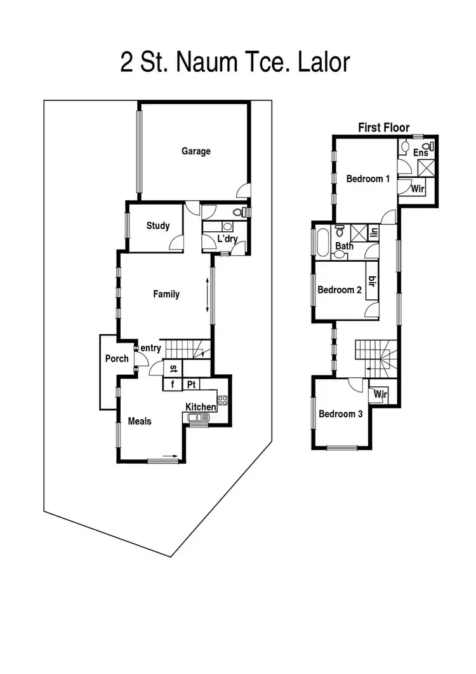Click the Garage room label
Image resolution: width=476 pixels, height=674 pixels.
pyautogui.click(x=195, y=151)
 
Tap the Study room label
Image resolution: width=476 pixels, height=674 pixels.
pyautogui.click(x=157, y=226)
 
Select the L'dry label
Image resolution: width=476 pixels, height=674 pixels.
pyautogui.click(x=227, y=239)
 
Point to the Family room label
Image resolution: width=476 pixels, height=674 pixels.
pyautogui.click(x=166, y=294)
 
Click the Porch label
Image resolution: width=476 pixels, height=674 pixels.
pyautogui.click(x=117, y=359)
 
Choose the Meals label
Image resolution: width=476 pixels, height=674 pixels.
pyautogui.click(x=140, y=421)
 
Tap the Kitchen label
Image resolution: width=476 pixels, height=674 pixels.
pyautogui.click(x=201, y=407)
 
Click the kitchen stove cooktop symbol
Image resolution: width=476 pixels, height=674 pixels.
pyautogui.click(x=223, y=400)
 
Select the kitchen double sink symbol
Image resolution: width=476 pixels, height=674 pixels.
pyautogui.click(x=199, y=417)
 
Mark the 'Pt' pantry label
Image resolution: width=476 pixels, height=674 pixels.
pyautogui.click(x=190, y=385)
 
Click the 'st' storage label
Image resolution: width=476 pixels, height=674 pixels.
pyautogui.click(x=173, y=368)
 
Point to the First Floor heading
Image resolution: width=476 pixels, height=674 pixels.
pyautogui.click(x=384, y=128)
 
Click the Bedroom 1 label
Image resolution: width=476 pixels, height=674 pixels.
pyautogui.click(x=368, y=179)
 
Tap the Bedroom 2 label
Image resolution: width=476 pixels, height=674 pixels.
pyautogui.click(x=340, y=290)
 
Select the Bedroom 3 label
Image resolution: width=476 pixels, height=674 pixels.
pyautogui.click(x=341, y=414)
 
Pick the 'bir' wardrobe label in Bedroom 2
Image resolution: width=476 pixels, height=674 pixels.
pyautogui.click(x=372, y=281)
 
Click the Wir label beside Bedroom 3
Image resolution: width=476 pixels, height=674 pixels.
pyautogui.click(x=380, y=394)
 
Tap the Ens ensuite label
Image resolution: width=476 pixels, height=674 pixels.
pyautogui.click(x=420, y=153)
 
